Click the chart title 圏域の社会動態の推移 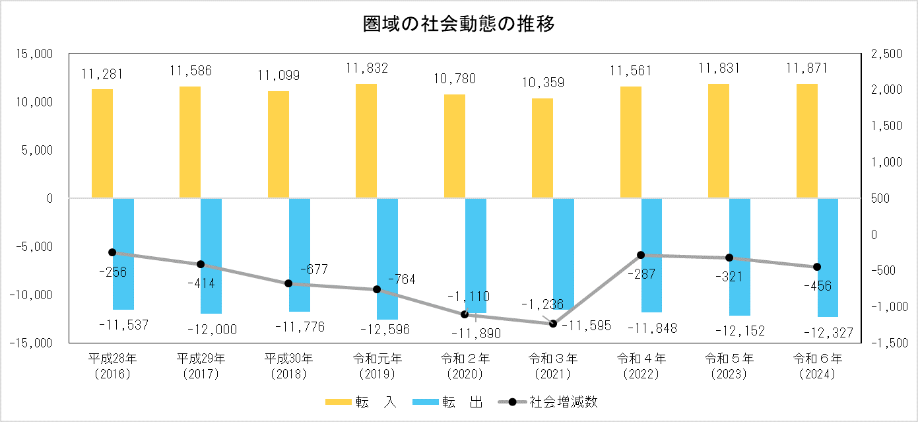(x=459, y=25)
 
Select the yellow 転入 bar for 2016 (x=102, y=143)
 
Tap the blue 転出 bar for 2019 (x=387, y=258)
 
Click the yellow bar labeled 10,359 (x=542, y=148)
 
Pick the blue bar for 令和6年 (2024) (x=828, y=258)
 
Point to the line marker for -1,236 (x=553, y=323)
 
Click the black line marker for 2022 (x=641, y=255)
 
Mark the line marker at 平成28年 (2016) (x=112, y=252)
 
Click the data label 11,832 (x=366, y=68)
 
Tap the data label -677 (x=313, y=269)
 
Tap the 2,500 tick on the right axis (x=884, y=54)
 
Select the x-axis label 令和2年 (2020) (x=465, y=366)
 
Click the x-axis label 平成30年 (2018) (x=288, y=366)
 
